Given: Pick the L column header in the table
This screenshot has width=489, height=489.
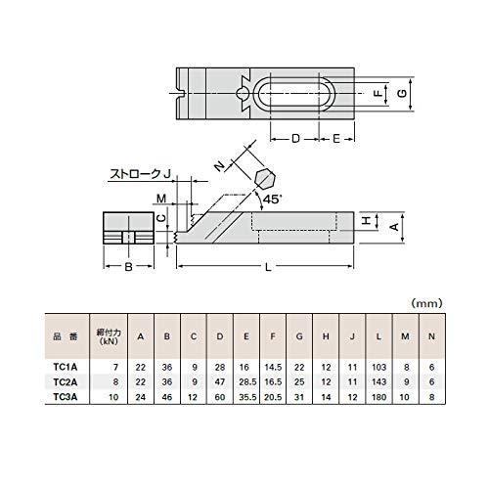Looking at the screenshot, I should point(376,337).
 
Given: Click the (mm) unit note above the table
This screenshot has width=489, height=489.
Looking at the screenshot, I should point(427,304).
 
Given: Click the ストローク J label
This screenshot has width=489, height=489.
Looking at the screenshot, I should point(138,173).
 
